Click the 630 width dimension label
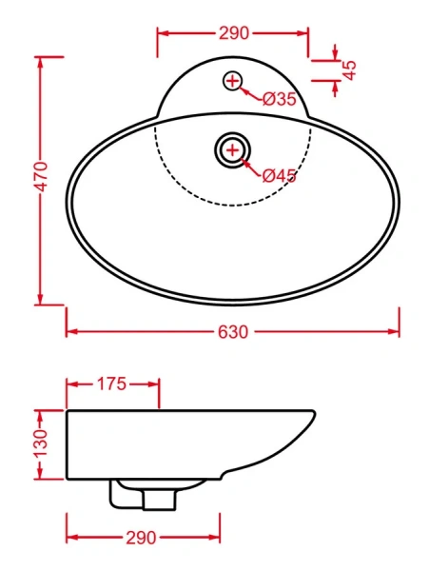click(233, 332)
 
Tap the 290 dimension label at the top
click(233, 33)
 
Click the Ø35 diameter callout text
click(280, 99)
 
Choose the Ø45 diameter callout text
click(281, 174)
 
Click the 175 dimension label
click(112, 384)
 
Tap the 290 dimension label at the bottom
click(142, 538)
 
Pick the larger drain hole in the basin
click(233, 148)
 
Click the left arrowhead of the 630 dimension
click(70, 332)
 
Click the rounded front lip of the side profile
click(311, 418)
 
